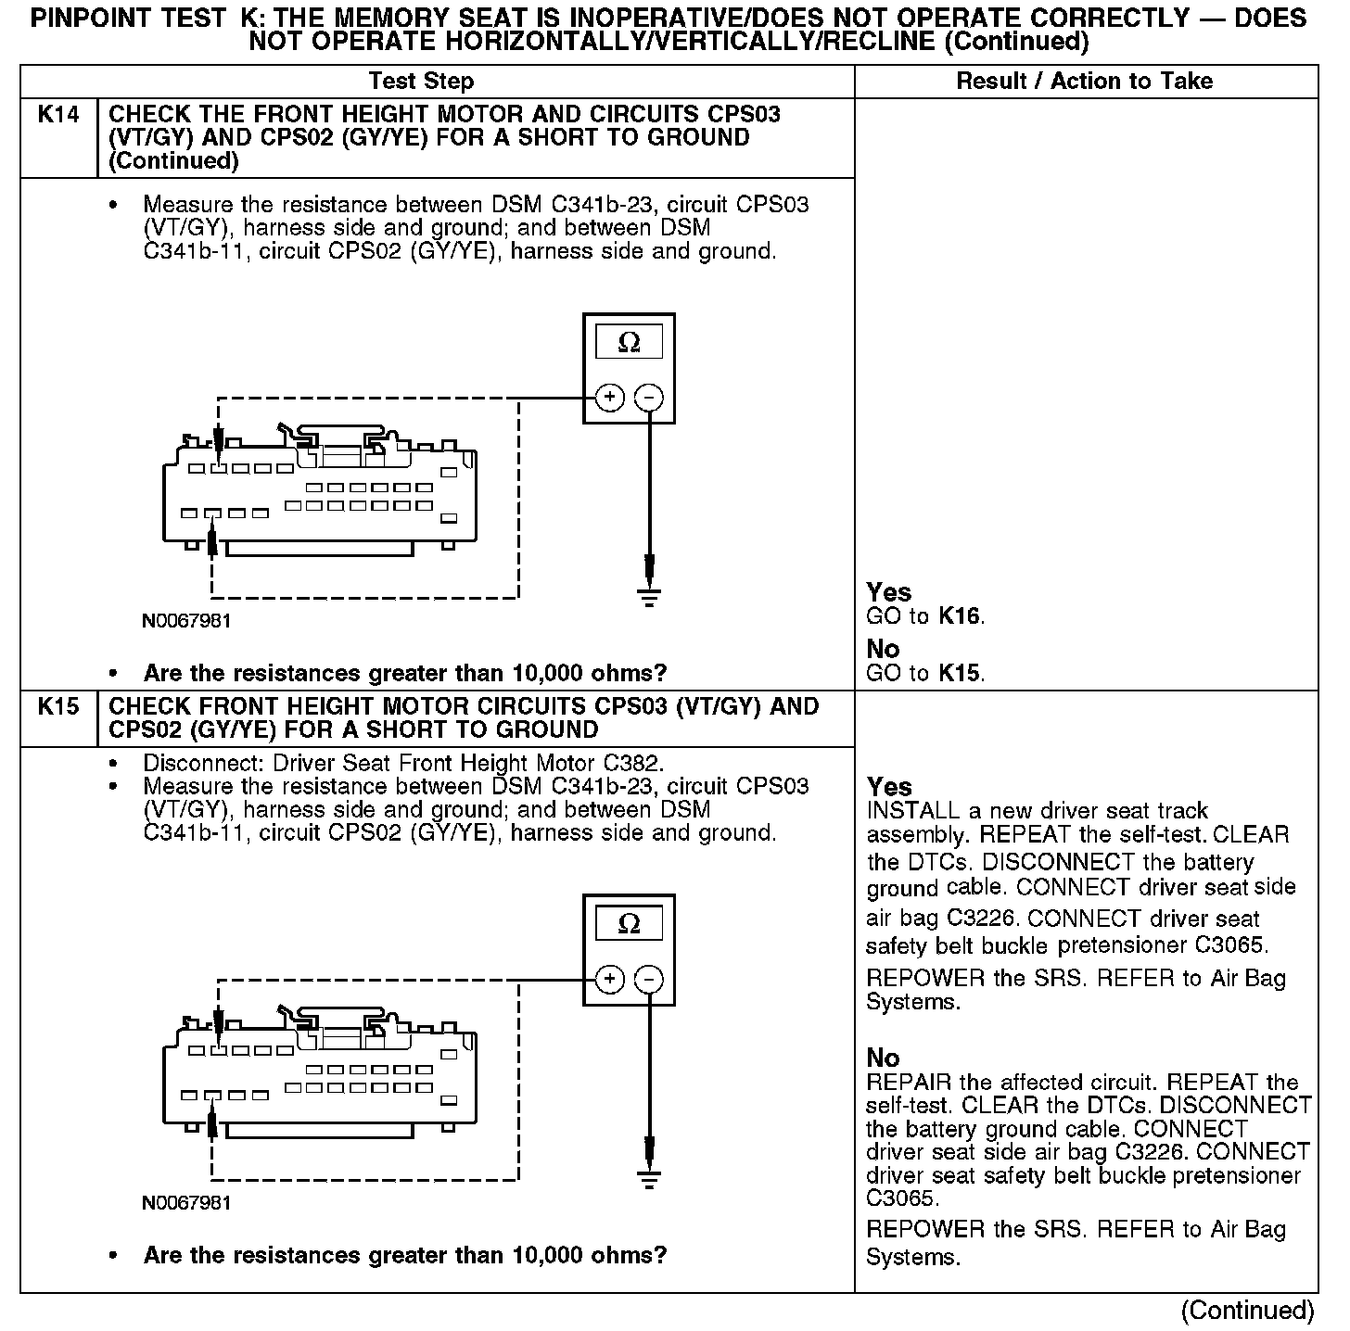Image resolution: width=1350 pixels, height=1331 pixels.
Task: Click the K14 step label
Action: [x=57, y=115]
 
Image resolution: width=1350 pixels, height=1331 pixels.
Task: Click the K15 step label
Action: [x=57, y=707]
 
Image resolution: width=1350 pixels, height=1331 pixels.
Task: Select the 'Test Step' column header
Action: [x=421, y=82]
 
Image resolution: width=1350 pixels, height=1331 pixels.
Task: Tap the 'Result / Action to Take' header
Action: [x=1084, y=82]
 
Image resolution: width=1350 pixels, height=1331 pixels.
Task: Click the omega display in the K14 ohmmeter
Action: [x=629, y=343]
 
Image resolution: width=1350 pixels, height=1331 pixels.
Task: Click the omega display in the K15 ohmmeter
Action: [x=629, y=924]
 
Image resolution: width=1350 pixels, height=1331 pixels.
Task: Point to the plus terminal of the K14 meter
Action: [x=609, y=398]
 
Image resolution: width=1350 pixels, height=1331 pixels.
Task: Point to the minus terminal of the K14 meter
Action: [x=649, y=398]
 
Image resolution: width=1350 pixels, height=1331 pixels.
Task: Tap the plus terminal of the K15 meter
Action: [x=609, y=979]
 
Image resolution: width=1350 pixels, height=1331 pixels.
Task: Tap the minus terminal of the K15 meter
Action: [x=649, y=979]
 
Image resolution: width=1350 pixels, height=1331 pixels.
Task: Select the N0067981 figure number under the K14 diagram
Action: [x=186, y=621]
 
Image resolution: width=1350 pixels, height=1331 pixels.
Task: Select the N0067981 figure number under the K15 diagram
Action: [x=186, y=1203]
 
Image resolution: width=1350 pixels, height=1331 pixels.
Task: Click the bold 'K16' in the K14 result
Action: [x=960, y=617]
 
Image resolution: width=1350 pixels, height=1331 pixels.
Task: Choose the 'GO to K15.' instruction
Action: [x=925, y=674]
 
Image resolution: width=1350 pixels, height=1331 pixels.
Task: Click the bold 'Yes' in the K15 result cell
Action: [x=889, y=788]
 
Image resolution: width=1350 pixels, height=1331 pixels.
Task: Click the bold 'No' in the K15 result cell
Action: [x=883, y=1058]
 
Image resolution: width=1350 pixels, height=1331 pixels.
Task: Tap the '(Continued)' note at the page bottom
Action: [x=1247, y=1311]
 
